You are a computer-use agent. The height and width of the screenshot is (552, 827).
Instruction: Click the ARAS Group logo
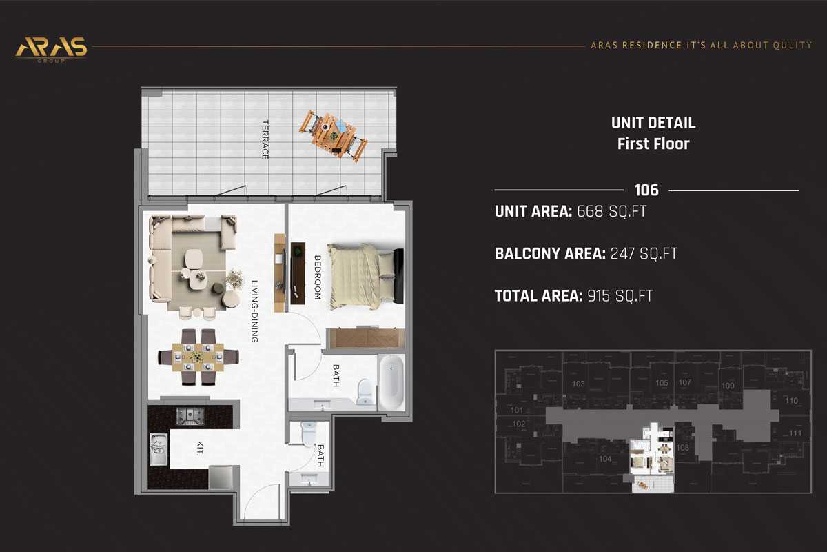click(x=52, y=48)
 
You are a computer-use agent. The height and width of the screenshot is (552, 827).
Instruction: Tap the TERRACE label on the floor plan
click(x=265, y=140)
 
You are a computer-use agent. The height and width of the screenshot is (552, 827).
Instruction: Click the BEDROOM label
click(x=318, y=277)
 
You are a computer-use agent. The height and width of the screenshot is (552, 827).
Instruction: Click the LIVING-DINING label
click(x=254, y=311)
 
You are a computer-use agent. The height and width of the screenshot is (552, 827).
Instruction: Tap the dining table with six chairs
click(x=198, y=356)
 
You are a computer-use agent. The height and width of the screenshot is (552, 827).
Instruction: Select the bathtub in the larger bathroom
click(x=391, y=383)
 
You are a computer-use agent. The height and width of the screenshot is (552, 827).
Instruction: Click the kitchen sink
click(x=159, y=449)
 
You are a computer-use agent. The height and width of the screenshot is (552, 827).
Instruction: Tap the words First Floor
click(x=653, y=144)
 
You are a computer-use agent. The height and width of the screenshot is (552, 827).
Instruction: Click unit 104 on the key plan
click(x=605, y=458)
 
